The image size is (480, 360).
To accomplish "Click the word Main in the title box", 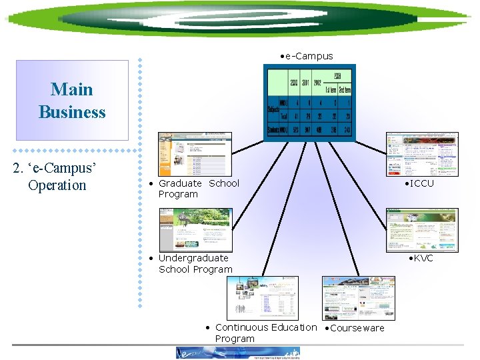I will click(x=71, y=89).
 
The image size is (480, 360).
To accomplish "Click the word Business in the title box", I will click(x=71, y=112).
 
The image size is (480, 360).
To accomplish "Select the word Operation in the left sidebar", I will click(x=57, y=185).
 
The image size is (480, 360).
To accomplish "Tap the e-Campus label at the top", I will click(x=308, y=56).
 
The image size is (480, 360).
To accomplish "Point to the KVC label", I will click(x=422, y=258).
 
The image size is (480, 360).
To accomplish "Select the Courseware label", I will click(x=357, y=328).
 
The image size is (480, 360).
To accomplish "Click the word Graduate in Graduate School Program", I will click(x=180, y=183).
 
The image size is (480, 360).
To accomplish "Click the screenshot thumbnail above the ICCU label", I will click(x=422, y=154).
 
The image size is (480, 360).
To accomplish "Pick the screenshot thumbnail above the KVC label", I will click(x=422, y=229).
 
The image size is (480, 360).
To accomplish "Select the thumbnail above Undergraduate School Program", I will click(x=194, y=229).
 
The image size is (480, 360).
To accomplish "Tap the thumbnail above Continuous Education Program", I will click(x=262, y=298).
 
